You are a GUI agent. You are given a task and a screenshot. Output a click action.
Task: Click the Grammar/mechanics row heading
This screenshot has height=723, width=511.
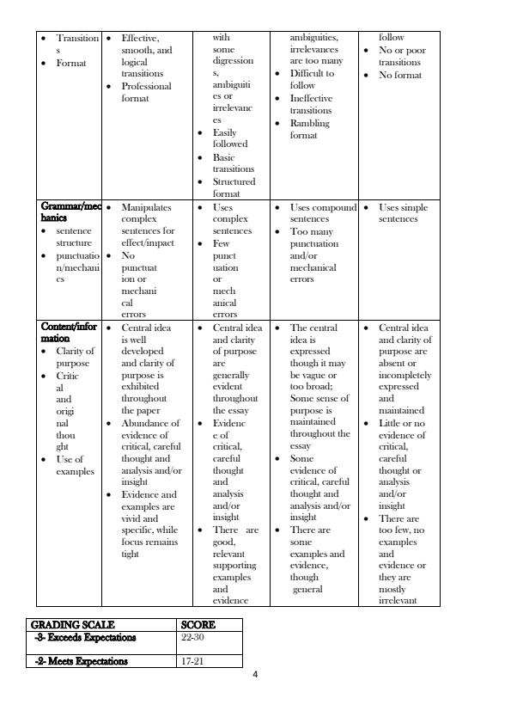click(x=69, y=212)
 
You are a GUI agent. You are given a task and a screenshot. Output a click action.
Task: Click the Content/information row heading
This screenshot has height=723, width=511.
click(x=68, y=333)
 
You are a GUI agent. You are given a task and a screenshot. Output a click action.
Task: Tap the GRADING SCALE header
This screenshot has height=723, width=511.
click(x=73, y=625)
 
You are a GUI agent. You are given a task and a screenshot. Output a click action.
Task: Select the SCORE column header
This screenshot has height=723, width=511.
click(x=198, y=625)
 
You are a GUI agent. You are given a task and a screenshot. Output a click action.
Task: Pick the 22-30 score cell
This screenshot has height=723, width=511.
click(x=192, y=638)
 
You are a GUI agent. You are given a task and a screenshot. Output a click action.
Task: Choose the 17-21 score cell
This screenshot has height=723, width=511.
click(x=192, y=661)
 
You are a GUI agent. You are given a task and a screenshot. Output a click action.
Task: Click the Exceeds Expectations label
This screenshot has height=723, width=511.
click(x=85, y=638)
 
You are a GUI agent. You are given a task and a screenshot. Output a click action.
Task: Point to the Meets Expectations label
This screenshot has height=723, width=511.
click(x=82, y=661)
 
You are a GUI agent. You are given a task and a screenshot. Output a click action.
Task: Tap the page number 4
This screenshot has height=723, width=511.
click(x=255, y=674)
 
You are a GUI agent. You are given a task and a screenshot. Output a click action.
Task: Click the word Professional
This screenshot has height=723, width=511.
click(x=147, y=86)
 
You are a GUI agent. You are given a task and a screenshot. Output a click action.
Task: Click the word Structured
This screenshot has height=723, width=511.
click(x=234, y=181)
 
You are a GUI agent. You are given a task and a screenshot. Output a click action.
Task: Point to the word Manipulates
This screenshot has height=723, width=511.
click(x=147, y=207)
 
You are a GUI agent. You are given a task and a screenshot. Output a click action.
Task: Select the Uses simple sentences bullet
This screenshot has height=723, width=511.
click(x=403, y=212)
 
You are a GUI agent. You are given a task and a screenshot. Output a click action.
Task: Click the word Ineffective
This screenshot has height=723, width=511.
click(x=311, y=98)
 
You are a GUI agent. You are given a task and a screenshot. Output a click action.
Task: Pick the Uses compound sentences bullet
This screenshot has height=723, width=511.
click(x=323, y=212)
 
